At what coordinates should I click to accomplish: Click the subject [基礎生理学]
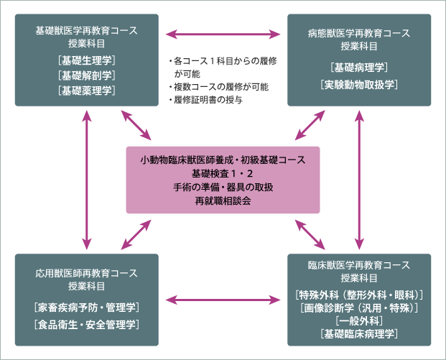coord(86,60)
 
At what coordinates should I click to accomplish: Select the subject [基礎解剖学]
coord(86,75)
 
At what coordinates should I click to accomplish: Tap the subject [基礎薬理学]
coord(86,91)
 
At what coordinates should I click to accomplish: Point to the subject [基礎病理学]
coord(359,68)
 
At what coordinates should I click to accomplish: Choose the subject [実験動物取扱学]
coord(359,85)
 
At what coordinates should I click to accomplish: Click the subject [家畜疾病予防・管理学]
coord(86,308)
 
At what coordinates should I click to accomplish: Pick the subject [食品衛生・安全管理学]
coord(86,323)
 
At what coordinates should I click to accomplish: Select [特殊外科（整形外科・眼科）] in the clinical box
coord(359,295)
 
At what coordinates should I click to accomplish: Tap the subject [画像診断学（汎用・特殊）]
coord(359,308)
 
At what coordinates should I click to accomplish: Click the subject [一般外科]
coord(359,320)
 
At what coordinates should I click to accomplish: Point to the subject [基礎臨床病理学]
coord(359,333)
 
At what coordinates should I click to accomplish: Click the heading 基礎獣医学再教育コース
coord(86,32)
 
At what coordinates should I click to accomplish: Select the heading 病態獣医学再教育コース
coord(359,32)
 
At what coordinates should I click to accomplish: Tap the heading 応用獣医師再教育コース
coord(86,273)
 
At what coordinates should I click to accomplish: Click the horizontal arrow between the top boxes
coord(223,33)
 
